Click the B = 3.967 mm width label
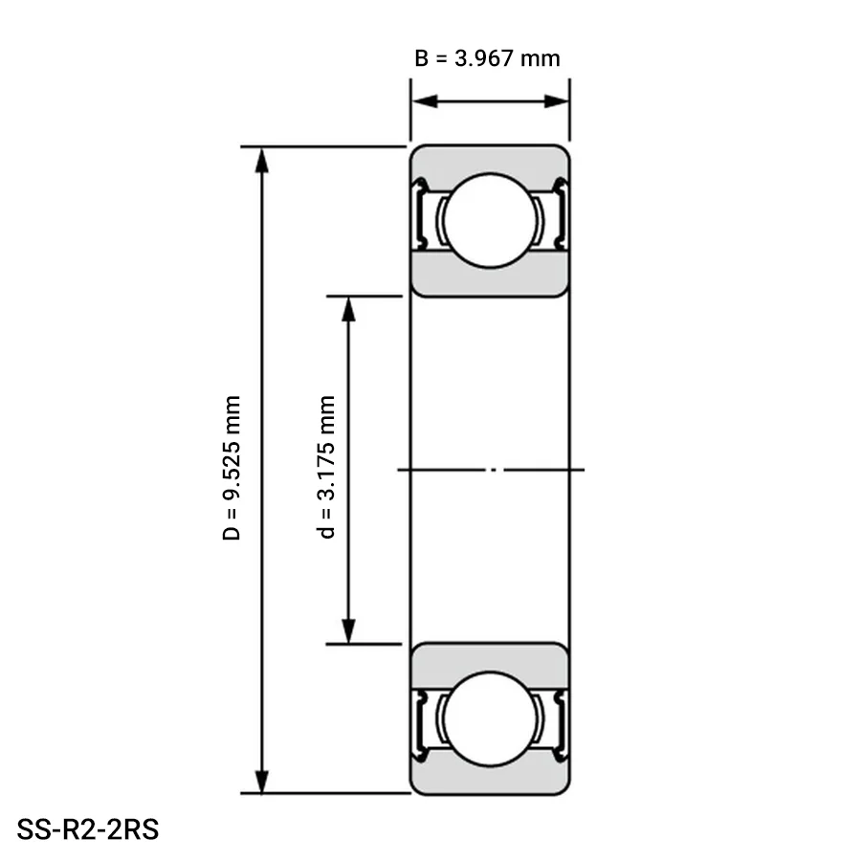(x=487, y=58)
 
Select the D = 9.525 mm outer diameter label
(x=232, y=468)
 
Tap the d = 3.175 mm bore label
(x=327, y=467)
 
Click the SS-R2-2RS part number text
(x=88, y=829)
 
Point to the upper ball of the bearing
(x=490, y=221)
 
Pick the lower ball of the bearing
(x=490, y=718)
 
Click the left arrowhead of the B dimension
(x=425, y=101)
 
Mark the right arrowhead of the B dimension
(x=556, y=101)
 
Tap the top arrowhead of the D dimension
(x=262, y=161)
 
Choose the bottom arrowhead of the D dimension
(x=262, y=781)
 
